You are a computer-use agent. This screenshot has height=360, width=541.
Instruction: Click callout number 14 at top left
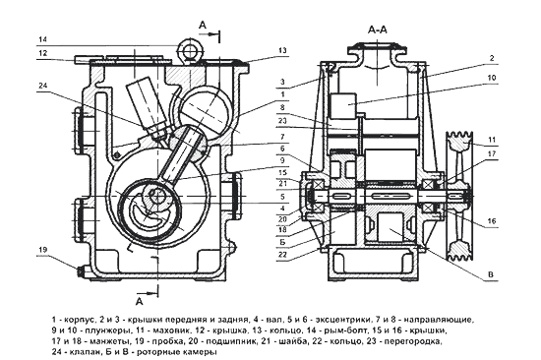[x=42, y=39]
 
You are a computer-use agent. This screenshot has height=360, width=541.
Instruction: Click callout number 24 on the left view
[x=42, y=86]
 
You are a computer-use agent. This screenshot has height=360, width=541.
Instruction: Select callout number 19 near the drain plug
[x=42, y=250]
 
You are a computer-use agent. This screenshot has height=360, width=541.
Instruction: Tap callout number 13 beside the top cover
[x=282, y=50]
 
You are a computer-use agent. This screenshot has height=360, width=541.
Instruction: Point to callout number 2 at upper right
[x=493, y=58]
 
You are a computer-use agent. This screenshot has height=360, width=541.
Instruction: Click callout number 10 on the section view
[x=492, y=78]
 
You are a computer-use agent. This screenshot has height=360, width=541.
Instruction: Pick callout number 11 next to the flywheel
[x=492, y=140]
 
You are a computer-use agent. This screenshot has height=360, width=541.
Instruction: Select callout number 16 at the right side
[x=492, y=220]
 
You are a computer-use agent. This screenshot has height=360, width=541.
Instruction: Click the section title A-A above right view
[x=378, y=30]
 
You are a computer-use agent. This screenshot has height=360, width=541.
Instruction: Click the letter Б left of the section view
[x=283, y=242]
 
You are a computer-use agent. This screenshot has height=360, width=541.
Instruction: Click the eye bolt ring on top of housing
[x=189, y=51]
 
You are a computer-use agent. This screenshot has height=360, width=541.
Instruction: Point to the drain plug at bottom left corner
[x=81, y=271]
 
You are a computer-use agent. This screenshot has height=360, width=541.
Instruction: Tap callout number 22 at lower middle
[x=283, y=255]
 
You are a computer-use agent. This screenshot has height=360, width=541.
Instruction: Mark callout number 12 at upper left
[x=42, y=53]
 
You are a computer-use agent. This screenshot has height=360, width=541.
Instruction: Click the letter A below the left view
[x=139, y=301]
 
